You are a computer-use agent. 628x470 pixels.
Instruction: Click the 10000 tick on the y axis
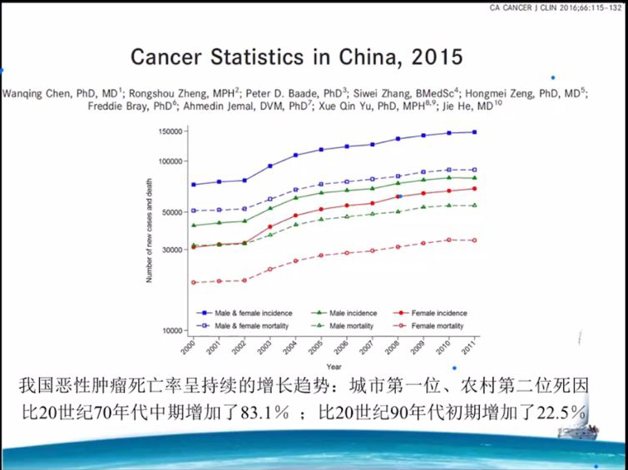(x=171, y=330)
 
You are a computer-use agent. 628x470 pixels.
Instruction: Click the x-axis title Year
(x=333, y=367)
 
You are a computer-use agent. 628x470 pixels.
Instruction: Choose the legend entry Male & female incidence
(x=247, y=313)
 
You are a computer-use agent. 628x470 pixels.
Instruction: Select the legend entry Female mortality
(x=437, y=325)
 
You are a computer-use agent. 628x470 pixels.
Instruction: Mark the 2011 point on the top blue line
(x=475, y=131)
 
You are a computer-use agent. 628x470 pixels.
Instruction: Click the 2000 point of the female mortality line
(x=194, y=282)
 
